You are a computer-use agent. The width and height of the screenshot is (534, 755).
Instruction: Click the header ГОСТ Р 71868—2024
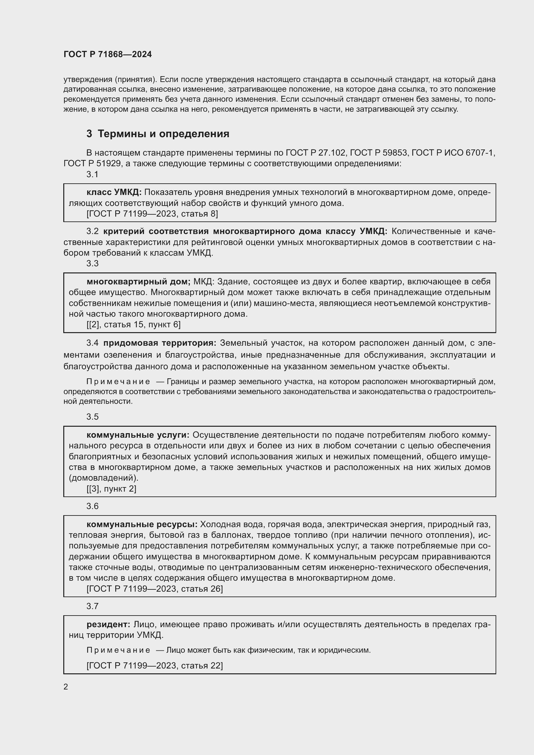[x=108, y=55]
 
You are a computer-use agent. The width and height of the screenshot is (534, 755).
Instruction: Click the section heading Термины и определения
[x=163, y=134]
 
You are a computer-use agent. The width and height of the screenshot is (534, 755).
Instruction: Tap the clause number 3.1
[x=92, y=175]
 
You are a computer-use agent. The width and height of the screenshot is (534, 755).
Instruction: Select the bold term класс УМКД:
[x=114, y=192]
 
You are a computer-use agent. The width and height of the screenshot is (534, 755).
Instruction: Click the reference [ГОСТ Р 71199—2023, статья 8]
[x=152, y=214]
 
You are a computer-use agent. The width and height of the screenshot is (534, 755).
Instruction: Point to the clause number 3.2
[x=92, y=231]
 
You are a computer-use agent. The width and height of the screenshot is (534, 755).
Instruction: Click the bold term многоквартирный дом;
[x=139, y=282]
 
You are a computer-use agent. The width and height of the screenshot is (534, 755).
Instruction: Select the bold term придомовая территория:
[x=160, y=343]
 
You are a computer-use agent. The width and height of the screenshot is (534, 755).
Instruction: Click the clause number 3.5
[x=92, y=417]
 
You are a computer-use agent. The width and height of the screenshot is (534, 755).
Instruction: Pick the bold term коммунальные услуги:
[x=138, y=435]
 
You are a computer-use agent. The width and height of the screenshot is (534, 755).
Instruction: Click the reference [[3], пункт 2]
[x=111, y=489]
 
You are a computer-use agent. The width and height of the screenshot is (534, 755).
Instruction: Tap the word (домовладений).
[x=104, y=478]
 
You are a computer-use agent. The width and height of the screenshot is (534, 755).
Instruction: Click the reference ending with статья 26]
[x=155, y=589]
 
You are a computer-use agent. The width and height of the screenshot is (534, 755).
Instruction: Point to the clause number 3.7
[x=92, y=607]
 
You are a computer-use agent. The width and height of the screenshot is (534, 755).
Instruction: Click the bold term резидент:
[x=108, y=625]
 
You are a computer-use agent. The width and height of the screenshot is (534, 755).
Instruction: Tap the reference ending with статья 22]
[x=155, y=666]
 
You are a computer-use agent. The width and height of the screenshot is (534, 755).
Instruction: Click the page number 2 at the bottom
[x=66, y=687]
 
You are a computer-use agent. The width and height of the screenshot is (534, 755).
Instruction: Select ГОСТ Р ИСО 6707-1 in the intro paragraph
[x=453, y=153]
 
